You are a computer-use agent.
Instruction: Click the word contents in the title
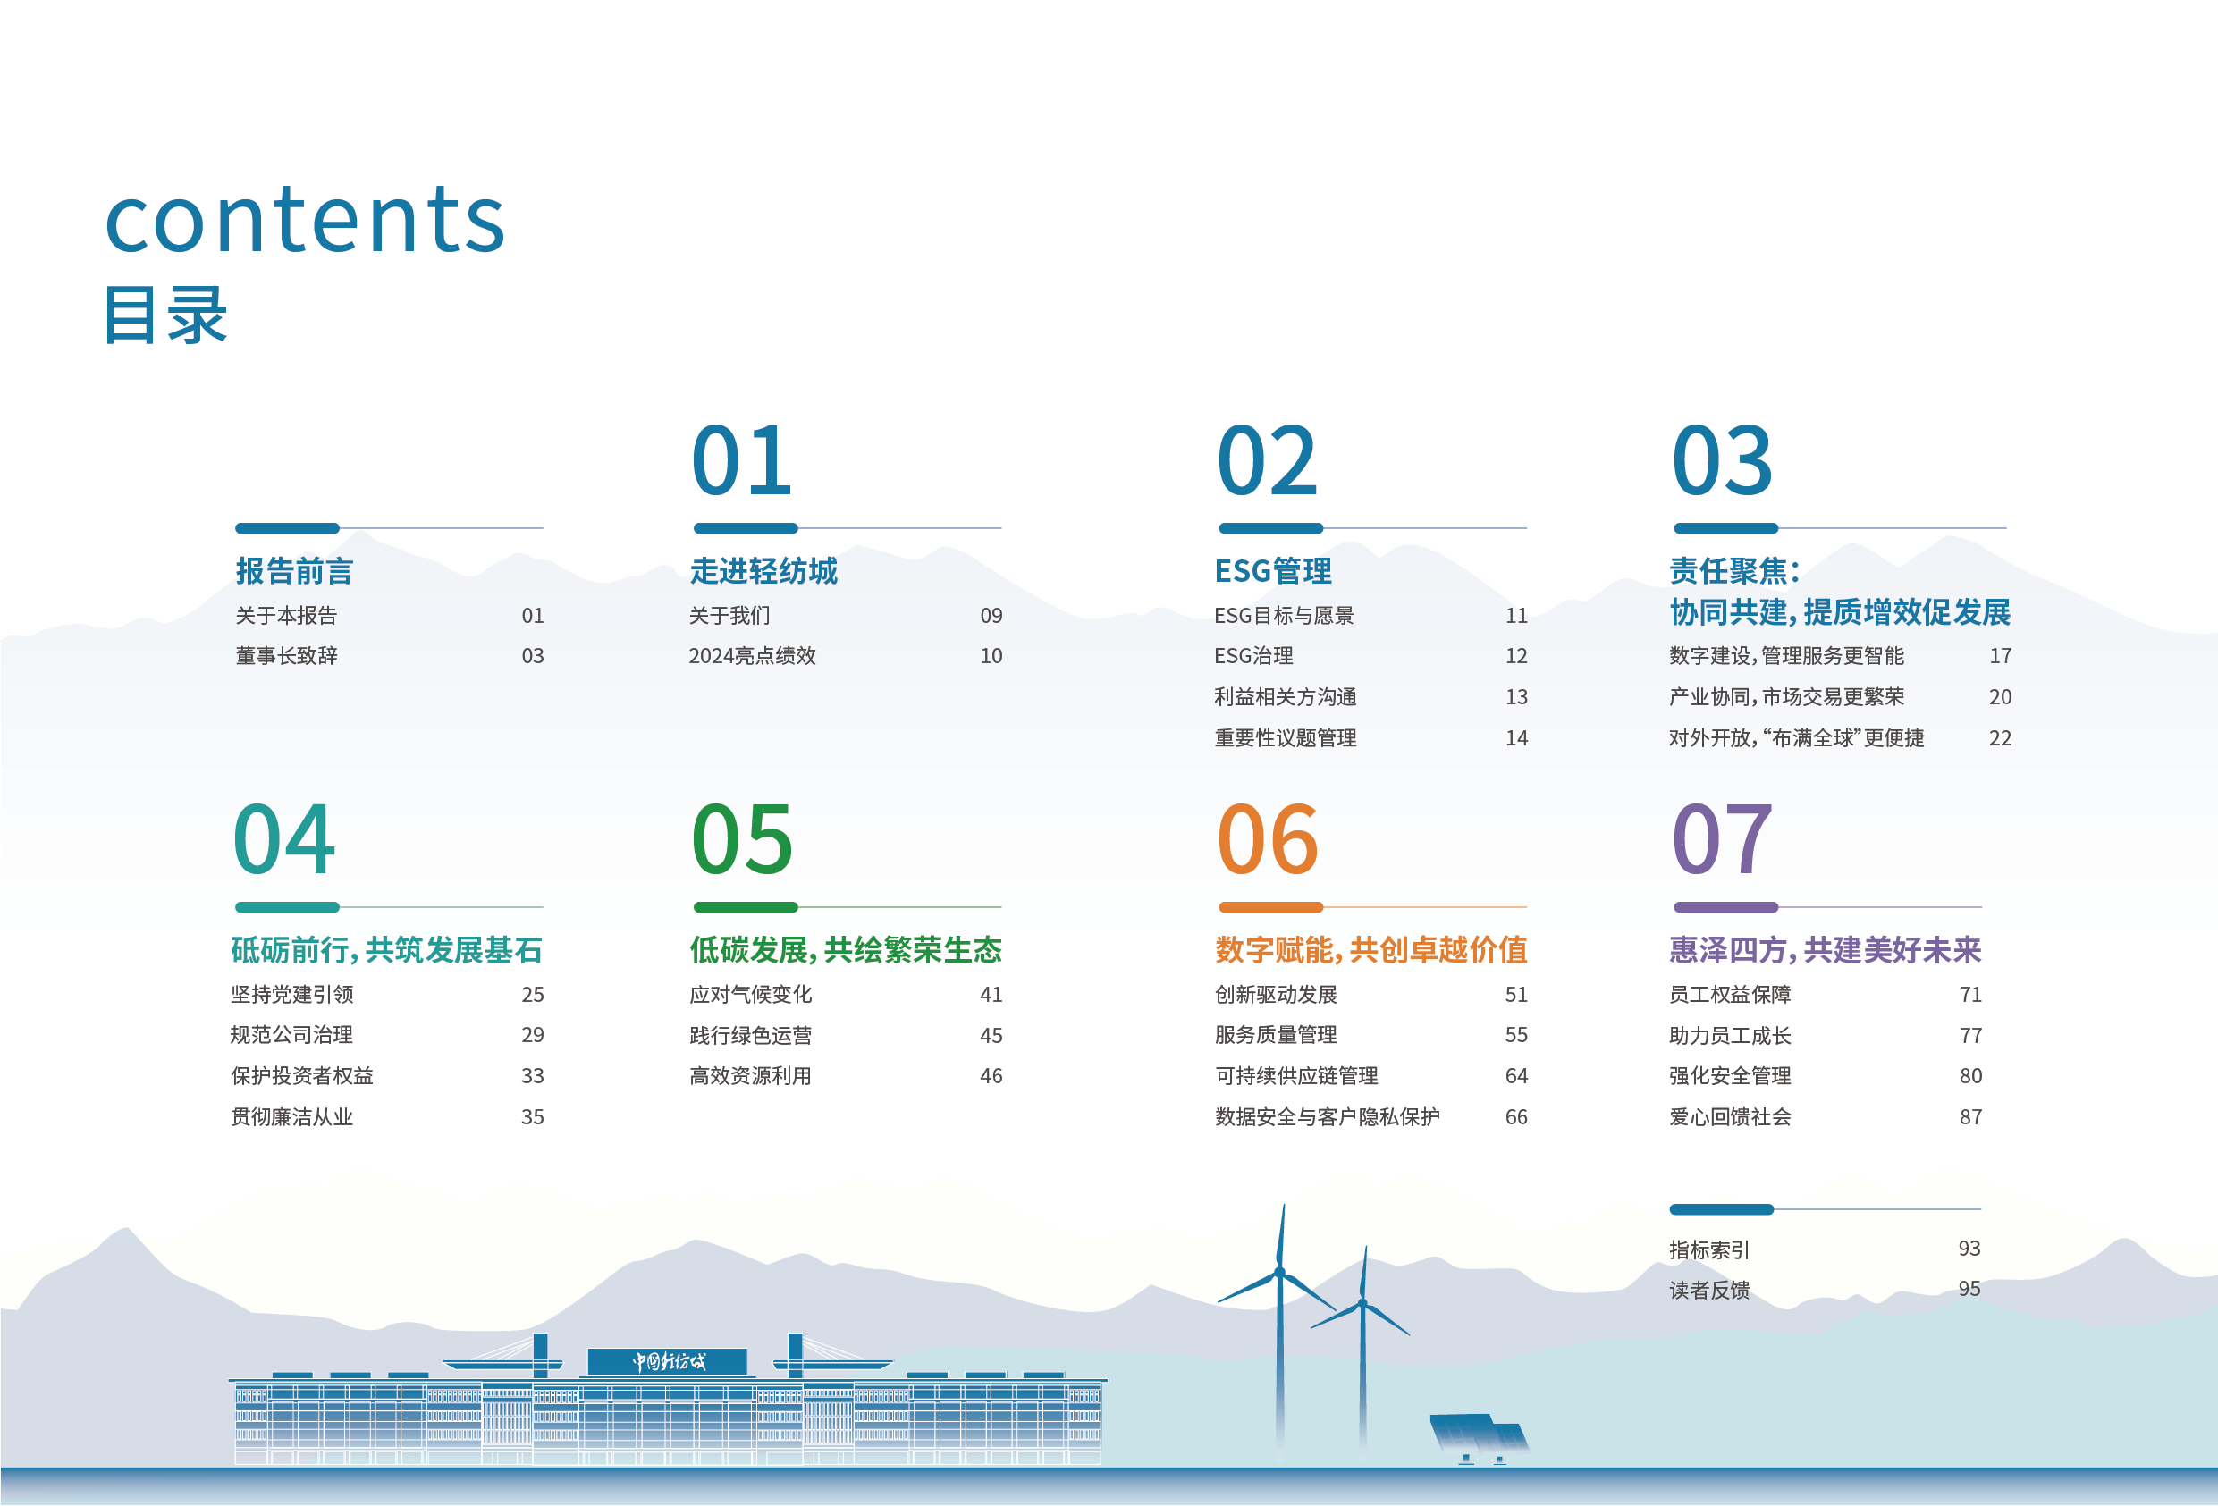[x=305, y=221]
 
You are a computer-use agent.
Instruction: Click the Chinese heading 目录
[x=165, y=315]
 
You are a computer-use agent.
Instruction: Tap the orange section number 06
[x=1268, y=840]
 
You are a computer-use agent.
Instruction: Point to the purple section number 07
[x=1722, y=840]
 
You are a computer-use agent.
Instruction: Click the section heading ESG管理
[x=1273, y=571]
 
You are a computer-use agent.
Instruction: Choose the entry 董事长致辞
[x=286, y=656]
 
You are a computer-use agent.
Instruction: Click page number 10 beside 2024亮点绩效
[x=991, y=656]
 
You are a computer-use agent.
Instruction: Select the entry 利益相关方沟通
[x=1285, y=696]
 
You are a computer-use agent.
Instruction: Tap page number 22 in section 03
[x=2000, y=737]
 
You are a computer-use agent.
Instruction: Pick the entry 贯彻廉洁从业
[x=292, y=1116]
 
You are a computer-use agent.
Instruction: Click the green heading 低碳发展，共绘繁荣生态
[x=846, y=949]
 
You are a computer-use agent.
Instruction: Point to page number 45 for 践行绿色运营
[x=991, y=1036]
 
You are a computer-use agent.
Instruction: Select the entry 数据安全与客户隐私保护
[x=1327, y=1116]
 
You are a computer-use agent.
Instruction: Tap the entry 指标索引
[x=1708, y=1249]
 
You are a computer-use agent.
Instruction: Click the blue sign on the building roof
[x=667, y=1362]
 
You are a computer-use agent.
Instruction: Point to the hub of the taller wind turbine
[x=1280, y=1272]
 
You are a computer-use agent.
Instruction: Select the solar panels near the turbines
[x=1479, y=1434]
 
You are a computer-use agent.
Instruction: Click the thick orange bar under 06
[x=1270, y=907]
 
